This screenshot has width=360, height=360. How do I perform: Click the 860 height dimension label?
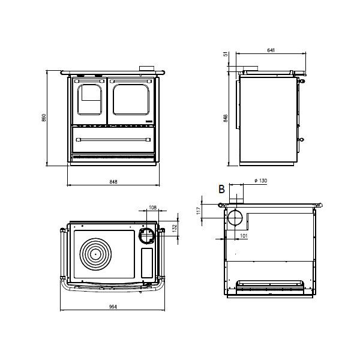click(x=44, y=118)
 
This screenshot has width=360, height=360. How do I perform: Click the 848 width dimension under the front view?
click(x=113, y=182)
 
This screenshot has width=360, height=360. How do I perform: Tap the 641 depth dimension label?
click(x=271, y=50)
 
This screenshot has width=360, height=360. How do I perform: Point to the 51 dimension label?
click(x=226, y=54)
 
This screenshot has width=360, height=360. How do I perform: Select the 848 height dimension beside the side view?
click(x=226, y=118)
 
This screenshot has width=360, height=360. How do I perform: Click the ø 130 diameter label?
click(x=261, y=181)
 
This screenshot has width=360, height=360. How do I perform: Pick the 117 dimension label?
click(x=199, y=211)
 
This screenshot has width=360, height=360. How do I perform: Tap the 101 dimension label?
click(x=244, y=236)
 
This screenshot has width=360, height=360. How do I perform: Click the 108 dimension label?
click(x=152, y=208)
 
